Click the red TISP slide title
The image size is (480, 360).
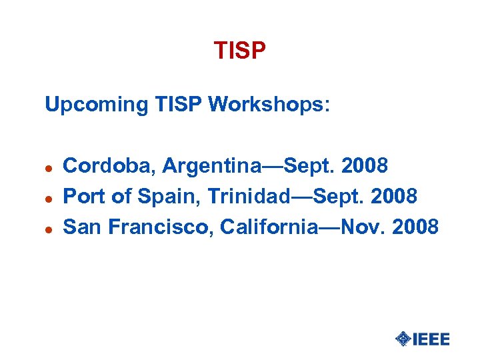pos(240,51)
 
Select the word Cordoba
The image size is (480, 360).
pos(106,165)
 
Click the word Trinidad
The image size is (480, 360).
pos(252,196)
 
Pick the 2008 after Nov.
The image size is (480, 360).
pos(415,227)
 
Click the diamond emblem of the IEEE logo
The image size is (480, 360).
pos(403,339)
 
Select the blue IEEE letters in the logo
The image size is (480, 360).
pos(431,339)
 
